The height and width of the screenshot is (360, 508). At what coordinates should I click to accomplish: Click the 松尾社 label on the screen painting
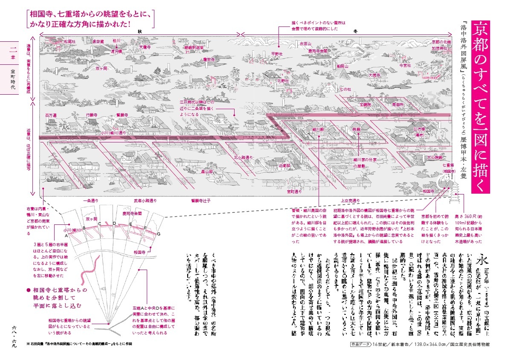coord(69,42)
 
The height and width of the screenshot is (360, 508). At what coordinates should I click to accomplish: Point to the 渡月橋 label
coord(116,51)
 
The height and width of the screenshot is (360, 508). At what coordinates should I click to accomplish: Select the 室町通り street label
coord(294,192)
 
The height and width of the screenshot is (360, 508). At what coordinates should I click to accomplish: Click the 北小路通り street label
coord(244,157)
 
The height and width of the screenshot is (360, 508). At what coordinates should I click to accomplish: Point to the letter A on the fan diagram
coord(67,235)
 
